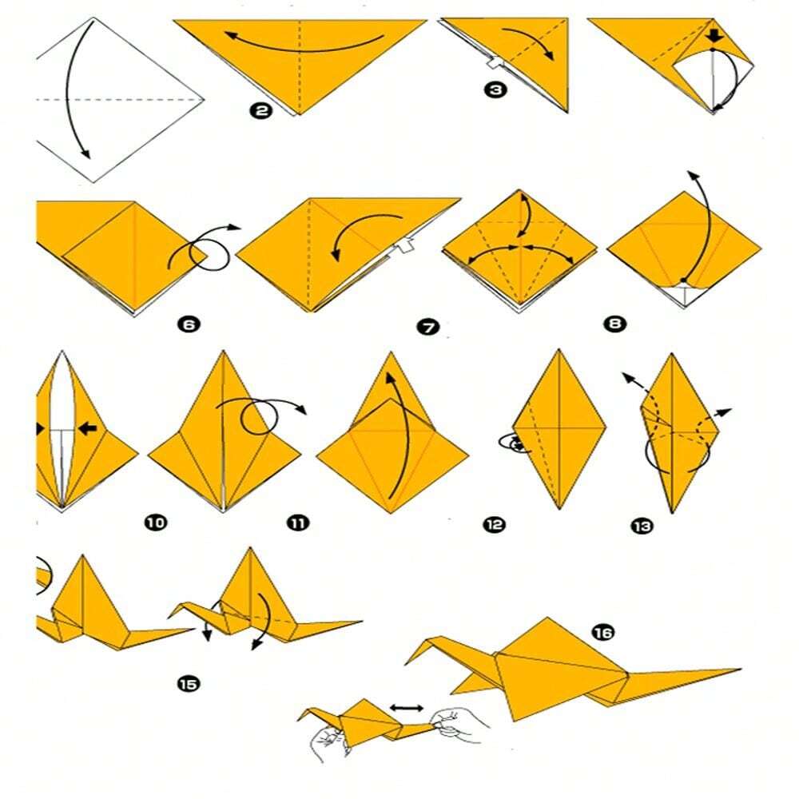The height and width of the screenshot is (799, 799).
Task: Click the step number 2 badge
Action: pos(261,110)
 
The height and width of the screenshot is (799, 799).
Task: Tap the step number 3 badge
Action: pos(495,90)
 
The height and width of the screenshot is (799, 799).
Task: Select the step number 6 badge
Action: pos(189,324)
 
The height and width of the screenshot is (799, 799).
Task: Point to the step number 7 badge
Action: pos(428,327)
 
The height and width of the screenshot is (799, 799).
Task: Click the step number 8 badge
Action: pos(614,324)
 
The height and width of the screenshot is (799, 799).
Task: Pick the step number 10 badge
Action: pos(156,523)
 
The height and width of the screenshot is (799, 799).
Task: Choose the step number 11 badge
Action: pos(298,523)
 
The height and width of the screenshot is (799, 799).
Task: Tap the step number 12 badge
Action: pos(494,524)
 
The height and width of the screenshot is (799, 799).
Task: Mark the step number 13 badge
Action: pos(642,526)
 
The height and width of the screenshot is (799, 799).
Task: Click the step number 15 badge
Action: pos(188,684)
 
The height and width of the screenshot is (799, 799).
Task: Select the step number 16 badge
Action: pos(602,632)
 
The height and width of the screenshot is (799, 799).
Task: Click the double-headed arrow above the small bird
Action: pos(407,708)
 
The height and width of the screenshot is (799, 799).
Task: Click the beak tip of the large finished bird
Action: pos(407,663)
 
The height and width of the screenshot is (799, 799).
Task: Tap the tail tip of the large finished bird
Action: pos(740,670)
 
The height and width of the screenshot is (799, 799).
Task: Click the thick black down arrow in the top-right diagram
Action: pos(715,36)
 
